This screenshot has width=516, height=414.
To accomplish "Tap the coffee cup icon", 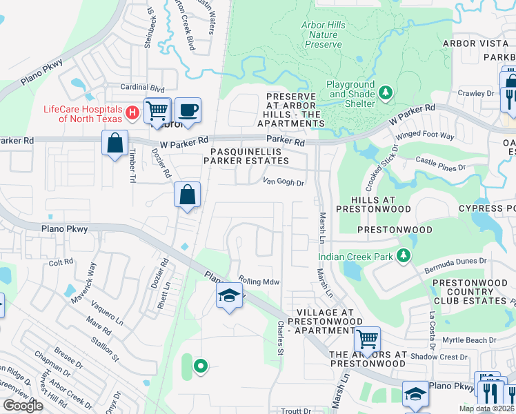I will point(187,110).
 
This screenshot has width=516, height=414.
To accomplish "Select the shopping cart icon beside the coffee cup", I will point(157,110).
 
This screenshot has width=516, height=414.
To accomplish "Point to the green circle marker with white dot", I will point(200,366).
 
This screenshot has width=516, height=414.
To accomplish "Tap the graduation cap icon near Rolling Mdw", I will point(229,297).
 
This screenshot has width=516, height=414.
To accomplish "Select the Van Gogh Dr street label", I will point(284,183).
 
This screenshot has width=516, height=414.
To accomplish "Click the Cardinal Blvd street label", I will point(143,88).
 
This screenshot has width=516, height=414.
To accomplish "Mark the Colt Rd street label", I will point(61,263).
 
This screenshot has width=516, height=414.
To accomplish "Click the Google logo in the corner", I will point(23,406).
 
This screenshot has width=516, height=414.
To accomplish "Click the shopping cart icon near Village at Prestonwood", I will point(368,339).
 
